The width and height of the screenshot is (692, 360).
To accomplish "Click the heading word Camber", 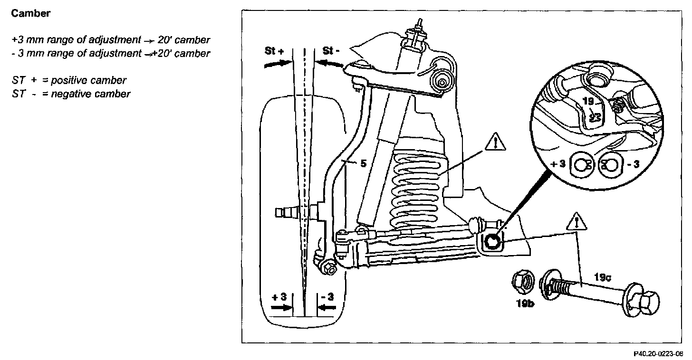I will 30,14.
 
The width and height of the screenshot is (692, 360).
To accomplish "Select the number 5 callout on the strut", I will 363,164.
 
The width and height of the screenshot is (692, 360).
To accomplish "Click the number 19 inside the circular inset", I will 588,102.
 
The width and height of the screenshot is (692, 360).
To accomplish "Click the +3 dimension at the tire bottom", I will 279,297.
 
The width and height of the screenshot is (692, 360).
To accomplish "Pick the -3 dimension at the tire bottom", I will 328,297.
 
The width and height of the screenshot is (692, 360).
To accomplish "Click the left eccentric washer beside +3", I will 582,165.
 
